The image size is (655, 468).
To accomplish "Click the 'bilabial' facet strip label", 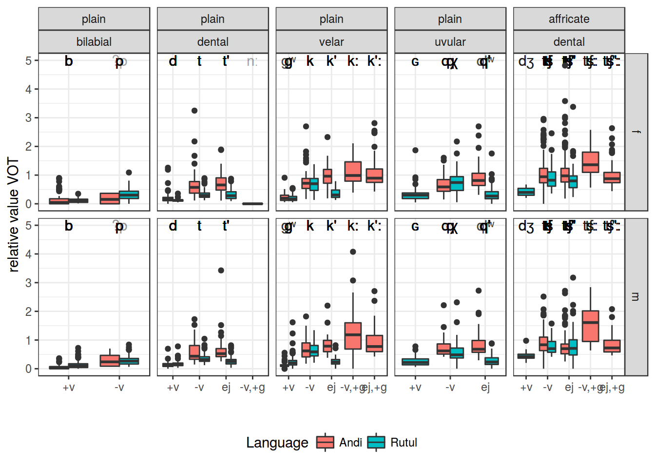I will [x=94, y=42].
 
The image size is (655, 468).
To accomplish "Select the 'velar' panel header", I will [x=331, y=42].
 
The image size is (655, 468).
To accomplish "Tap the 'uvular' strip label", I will [x=450, y=42].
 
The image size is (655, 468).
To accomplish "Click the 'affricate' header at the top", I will [x=569, y=19].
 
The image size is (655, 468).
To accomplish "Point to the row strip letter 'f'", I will [x=636, y=132].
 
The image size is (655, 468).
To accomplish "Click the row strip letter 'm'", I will [x=636, y=296].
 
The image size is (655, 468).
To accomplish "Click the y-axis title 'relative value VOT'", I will [x=14, y=214].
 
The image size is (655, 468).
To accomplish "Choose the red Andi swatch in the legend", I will [x=325, y=442].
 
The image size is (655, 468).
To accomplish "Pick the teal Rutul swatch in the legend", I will [x=376, y=442].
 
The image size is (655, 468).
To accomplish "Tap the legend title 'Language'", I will [x=277, y=443].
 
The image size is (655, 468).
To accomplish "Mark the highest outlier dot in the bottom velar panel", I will [x=353, y=252].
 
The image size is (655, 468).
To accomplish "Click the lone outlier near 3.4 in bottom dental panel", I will [x=221, y=270].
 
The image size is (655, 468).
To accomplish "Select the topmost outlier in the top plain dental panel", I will [x=194, y=111].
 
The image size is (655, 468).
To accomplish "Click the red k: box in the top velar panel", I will [x=353, y=171].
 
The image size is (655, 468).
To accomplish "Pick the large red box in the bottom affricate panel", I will [x=590, y=326].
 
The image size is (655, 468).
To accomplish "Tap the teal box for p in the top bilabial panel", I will [x=129, y=195].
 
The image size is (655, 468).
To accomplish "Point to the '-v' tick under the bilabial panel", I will [x=119, y=388].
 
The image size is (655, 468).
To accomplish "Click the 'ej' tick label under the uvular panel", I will [x=485, y=388].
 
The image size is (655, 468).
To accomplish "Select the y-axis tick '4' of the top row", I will [x=28, y=89].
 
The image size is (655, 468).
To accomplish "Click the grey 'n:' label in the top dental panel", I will [x=252, y=61].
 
